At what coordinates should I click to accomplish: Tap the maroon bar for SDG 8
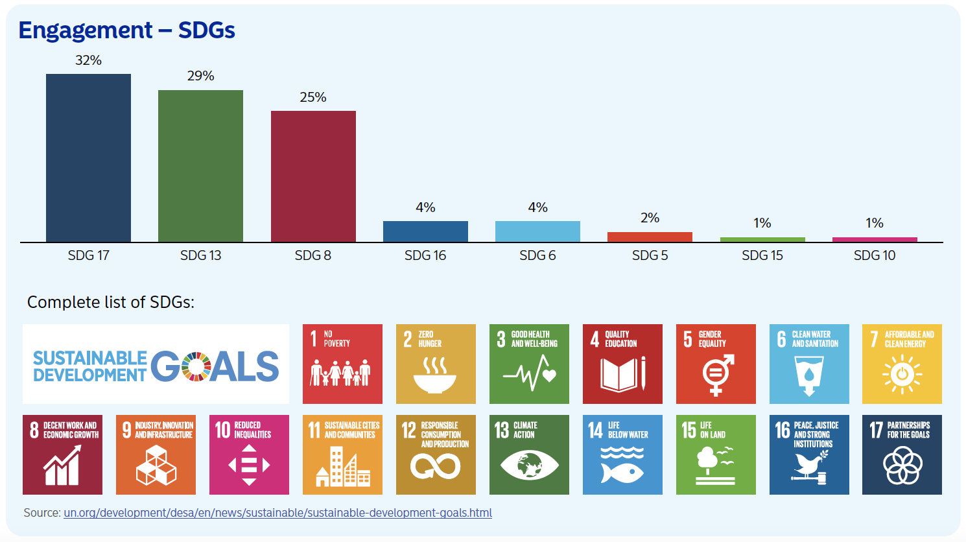click(x=313, y=176)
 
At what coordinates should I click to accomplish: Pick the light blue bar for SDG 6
click(x=537, y=231)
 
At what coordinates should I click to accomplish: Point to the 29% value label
click(x=200, y=76)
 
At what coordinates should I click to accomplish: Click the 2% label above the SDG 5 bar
click(x=650, y=218)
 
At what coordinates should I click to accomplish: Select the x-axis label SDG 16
click(x=425, y=255)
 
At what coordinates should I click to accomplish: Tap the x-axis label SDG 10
click(x=874, y=255)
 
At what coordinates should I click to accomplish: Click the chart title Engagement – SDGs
click(x=126, y=30)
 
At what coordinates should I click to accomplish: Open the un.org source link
click(x=277, y=513)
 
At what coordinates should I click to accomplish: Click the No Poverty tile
click(x=342, y=364)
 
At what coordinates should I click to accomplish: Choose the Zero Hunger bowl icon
click(x=435, y=377)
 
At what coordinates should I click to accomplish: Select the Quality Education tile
click(x=622, y=364)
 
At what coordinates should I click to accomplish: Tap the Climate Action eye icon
click(x=529, y=465)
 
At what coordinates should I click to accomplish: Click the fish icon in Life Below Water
click(x=622, y=472)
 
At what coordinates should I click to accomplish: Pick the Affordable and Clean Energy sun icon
click(x=902, y=375)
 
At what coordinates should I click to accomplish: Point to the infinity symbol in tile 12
click(x=435, y=465)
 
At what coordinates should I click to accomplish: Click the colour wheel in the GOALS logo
click(x=196, y=366)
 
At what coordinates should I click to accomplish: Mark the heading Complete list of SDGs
click(x=111, y=302)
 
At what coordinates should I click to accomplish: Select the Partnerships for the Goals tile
click(x=902, y=454)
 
